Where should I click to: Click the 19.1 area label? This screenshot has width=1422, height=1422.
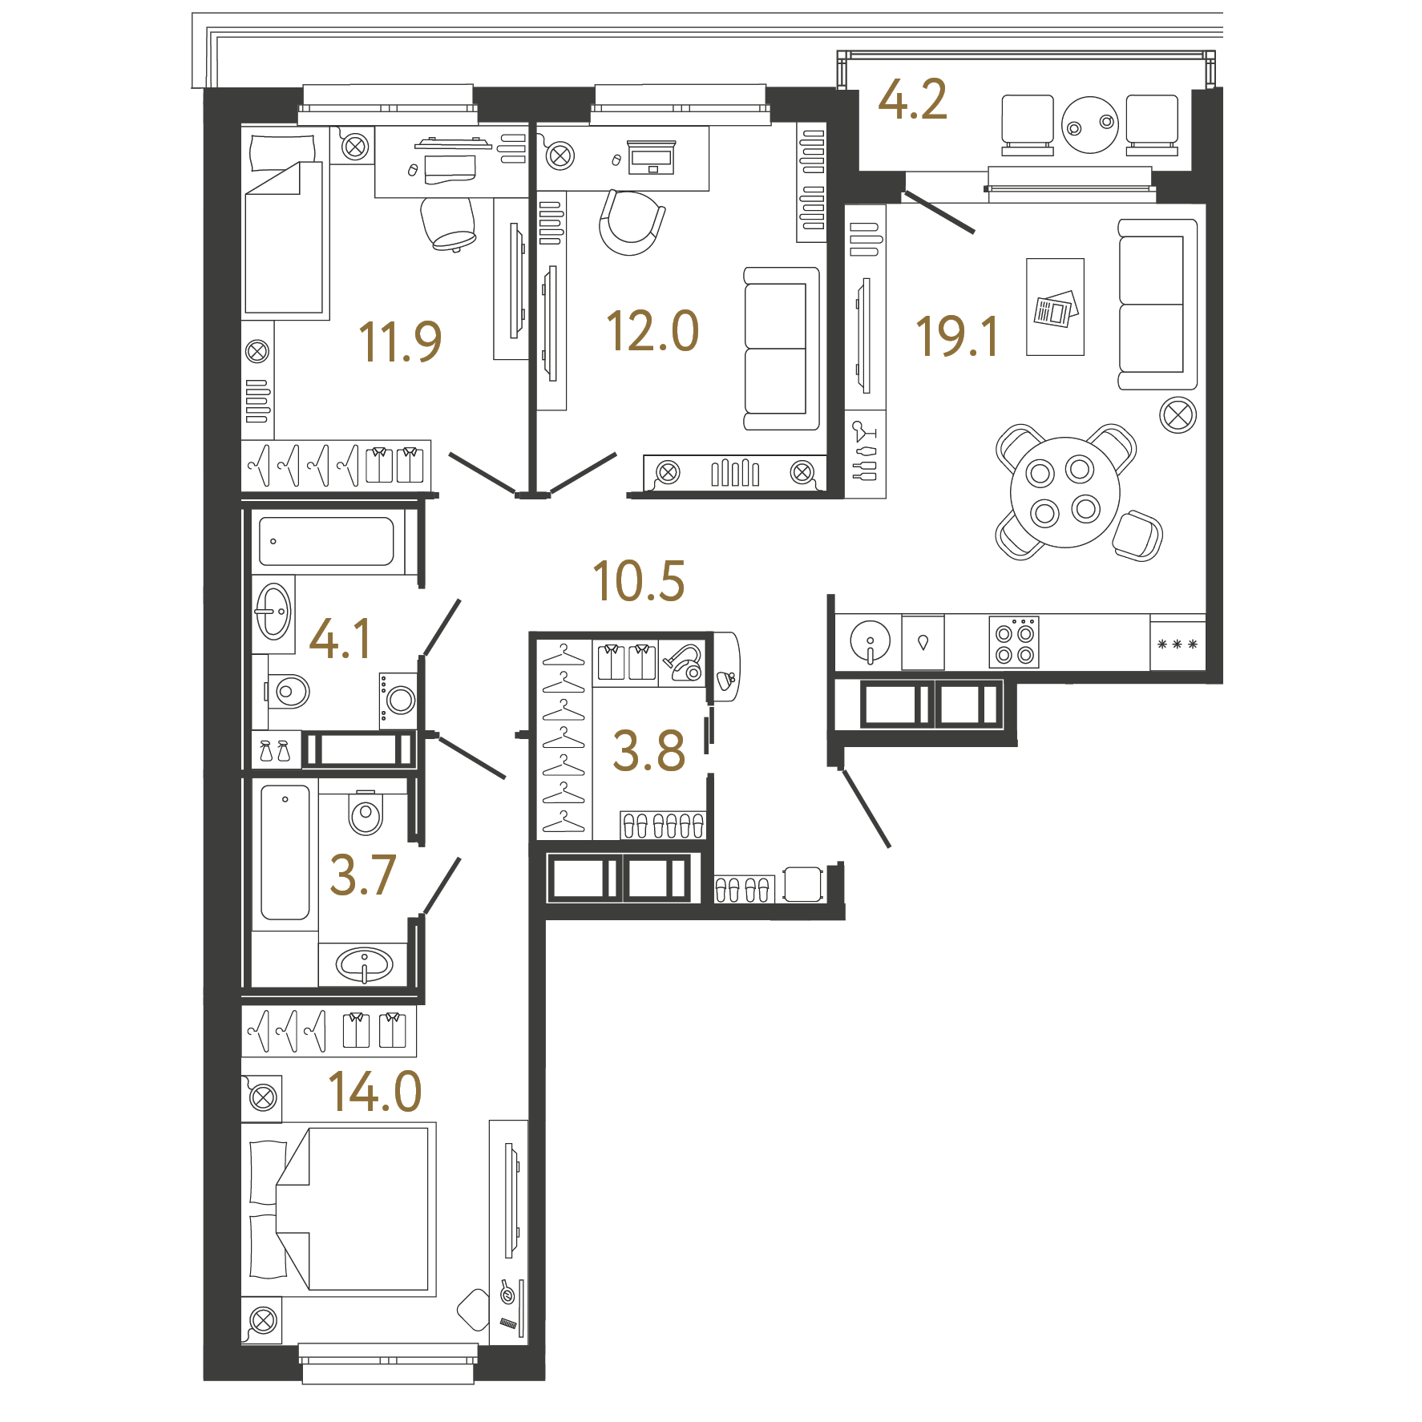(x=957, y=336)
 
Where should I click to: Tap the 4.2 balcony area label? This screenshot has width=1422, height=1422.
(x=912, y=99)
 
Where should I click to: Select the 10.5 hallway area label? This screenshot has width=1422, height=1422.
(x=639, y=580)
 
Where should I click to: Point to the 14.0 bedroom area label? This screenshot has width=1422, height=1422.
(x=375, y=1092)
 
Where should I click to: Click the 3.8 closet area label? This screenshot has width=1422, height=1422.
(x=649, y=751)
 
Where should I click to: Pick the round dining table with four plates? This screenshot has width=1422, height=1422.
(x=1065, y=492)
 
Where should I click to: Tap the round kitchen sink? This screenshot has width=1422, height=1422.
(x=870, y=641)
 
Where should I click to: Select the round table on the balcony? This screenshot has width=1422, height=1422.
(x=1090, y=124)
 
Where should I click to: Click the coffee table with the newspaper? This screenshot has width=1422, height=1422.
(x=1055, y=307)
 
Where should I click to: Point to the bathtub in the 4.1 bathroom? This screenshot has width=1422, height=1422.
(x=326, y=542)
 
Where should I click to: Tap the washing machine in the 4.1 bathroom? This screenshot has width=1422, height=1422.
(x=398, y=700)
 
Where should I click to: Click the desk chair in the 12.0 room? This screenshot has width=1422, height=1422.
(x=632, y=222)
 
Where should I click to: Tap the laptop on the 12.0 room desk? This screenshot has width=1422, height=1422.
(x=651, y=157)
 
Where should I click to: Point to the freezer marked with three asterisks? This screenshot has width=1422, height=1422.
(x=1178, y=644)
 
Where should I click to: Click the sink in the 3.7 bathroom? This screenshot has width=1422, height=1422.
(x=365, y=964)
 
